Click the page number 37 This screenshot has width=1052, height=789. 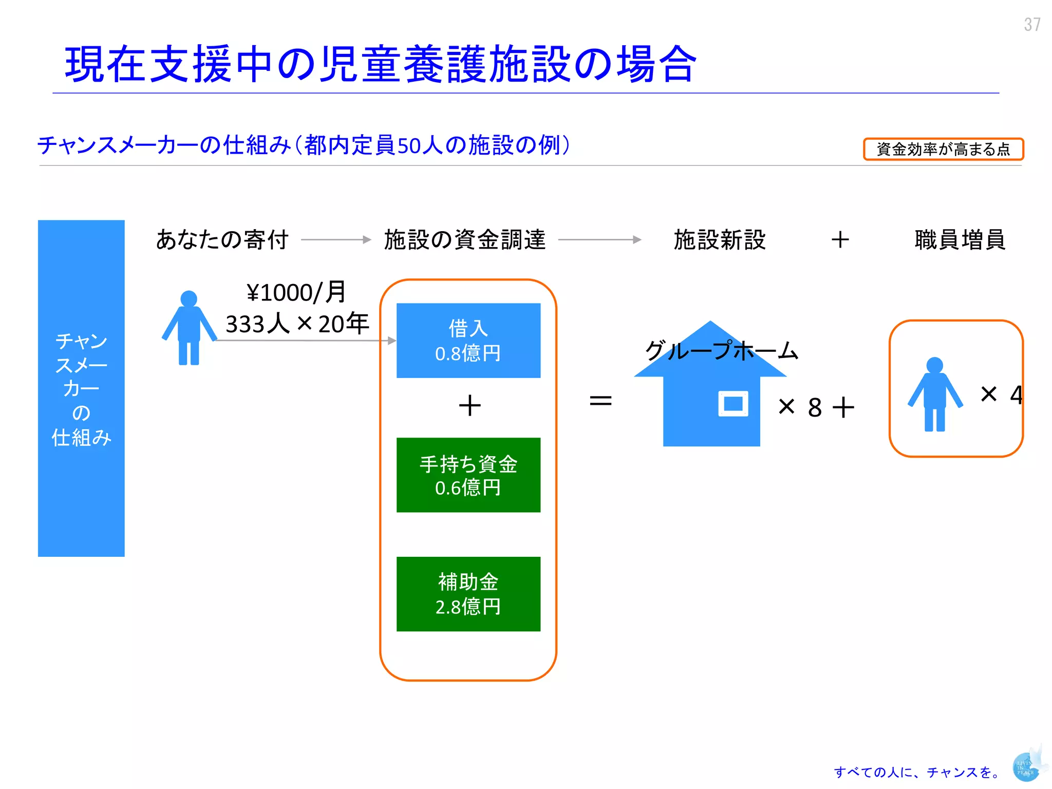1032,24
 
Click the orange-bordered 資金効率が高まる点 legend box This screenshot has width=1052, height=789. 943,149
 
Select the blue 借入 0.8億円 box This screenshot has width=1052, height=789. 468,341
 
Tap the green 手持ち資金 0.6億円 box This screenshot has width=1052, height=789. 468,475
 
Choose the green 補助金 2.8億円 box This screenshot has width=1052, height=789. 468,594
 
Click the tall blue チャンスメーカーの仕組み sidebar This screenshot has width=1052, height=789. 81,388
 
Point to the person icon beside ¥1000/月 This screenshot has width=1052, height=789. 189,329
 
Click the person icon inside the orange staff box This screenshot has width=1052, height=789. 934,394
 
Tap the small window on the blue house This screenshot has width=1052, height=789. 733,403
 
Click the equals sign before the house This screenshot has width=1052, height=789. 600,401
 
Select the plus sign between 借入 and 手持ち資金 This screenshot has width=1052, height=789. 469,405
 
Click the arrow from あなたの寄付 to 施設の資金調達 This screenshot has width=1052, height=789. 336,239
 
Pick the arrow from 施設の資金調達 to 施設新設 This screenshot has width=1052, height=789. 599,239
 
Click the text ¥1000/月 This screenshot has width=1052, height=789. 296,293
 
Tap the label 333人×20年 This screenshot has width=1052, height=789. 297,324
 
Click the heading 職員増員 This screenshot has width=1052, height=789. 960,240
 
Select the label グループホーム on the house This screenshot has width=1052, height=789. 721,351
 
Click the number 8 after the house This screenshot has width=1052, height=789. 815,408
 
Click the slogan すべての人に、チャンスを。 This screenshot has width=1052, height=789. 917,772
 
